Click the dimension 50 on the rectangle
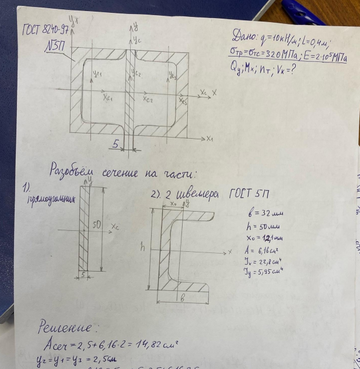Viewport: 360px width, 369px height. click(97, 223)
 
